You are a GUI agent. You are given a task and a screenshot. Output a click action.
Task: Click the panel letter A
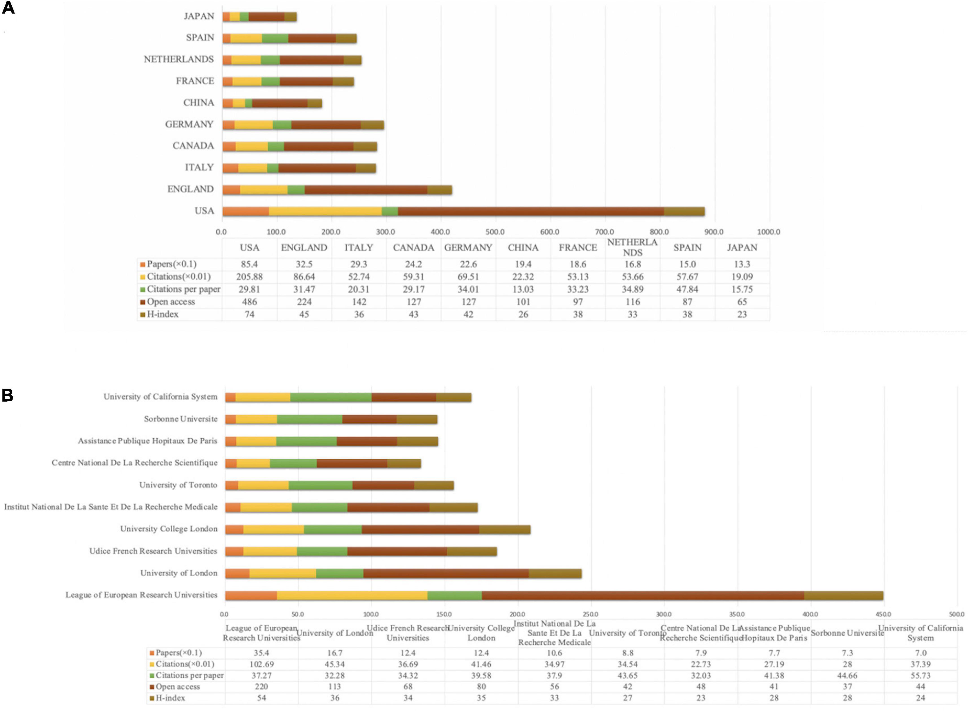tap(9, 8)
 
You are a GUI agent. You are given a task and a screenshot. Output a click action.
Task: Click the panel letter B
tap(8, 395)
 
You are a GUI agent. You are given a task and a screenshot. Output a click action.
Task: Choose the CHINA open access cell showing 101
tap(523, 302)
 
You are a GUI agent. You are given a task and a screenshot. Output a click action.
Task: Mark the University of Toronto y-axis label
tap(178, 485)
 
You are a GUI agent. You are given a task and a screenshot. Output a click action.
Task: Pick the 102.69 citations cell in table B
tap(261, 664)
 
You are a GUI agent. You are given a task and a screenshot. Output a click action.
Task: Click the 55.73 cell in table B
tap(920, 675)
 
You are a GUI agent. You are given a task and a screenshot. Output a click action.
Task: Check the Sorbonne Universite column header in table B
tap(847, 633)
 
